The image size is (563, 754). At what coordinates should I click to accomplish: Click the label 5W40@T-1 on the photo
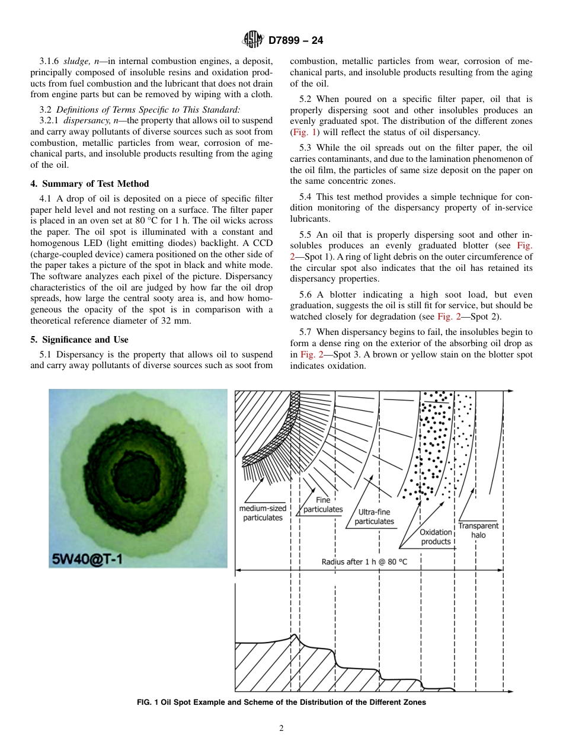[87, 558]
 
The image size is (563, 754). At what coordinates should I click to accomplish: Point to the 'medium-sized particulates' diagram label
[263, 513]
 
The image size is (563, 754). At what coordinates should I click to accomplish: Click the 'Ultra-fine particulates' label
[374, 517]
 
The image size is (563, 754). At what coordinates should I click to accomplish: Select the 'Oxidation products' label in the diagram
[436, 537]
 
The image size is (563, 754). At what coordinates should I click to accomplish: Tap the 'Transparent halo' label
[478, 530]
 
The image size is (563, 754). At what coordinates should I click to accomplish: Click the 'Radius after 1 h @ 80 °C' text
[364, 561]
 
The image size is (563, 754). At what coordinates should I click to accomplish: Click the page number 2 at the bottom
[281, 729]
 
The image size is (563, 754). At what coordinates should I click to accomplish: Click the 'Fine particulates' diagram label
[323, 504]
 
